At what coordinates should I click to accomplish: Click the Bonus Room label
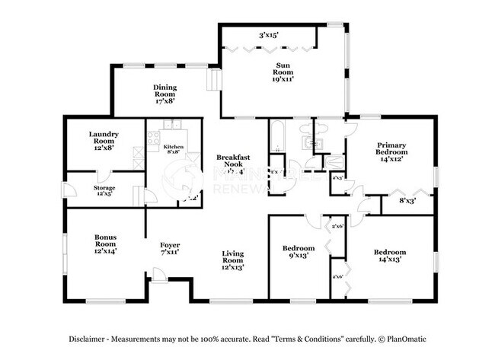tap(104, 244)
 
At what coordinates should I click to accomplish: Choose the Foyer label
tap(170, 248)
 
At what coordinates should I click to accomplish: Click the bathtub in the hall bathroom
tap(275, 138)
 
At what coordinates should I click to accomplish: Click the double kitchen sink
tap(172, 125)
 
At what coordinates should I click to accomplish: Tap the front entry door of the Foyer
tap(158, 275)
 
